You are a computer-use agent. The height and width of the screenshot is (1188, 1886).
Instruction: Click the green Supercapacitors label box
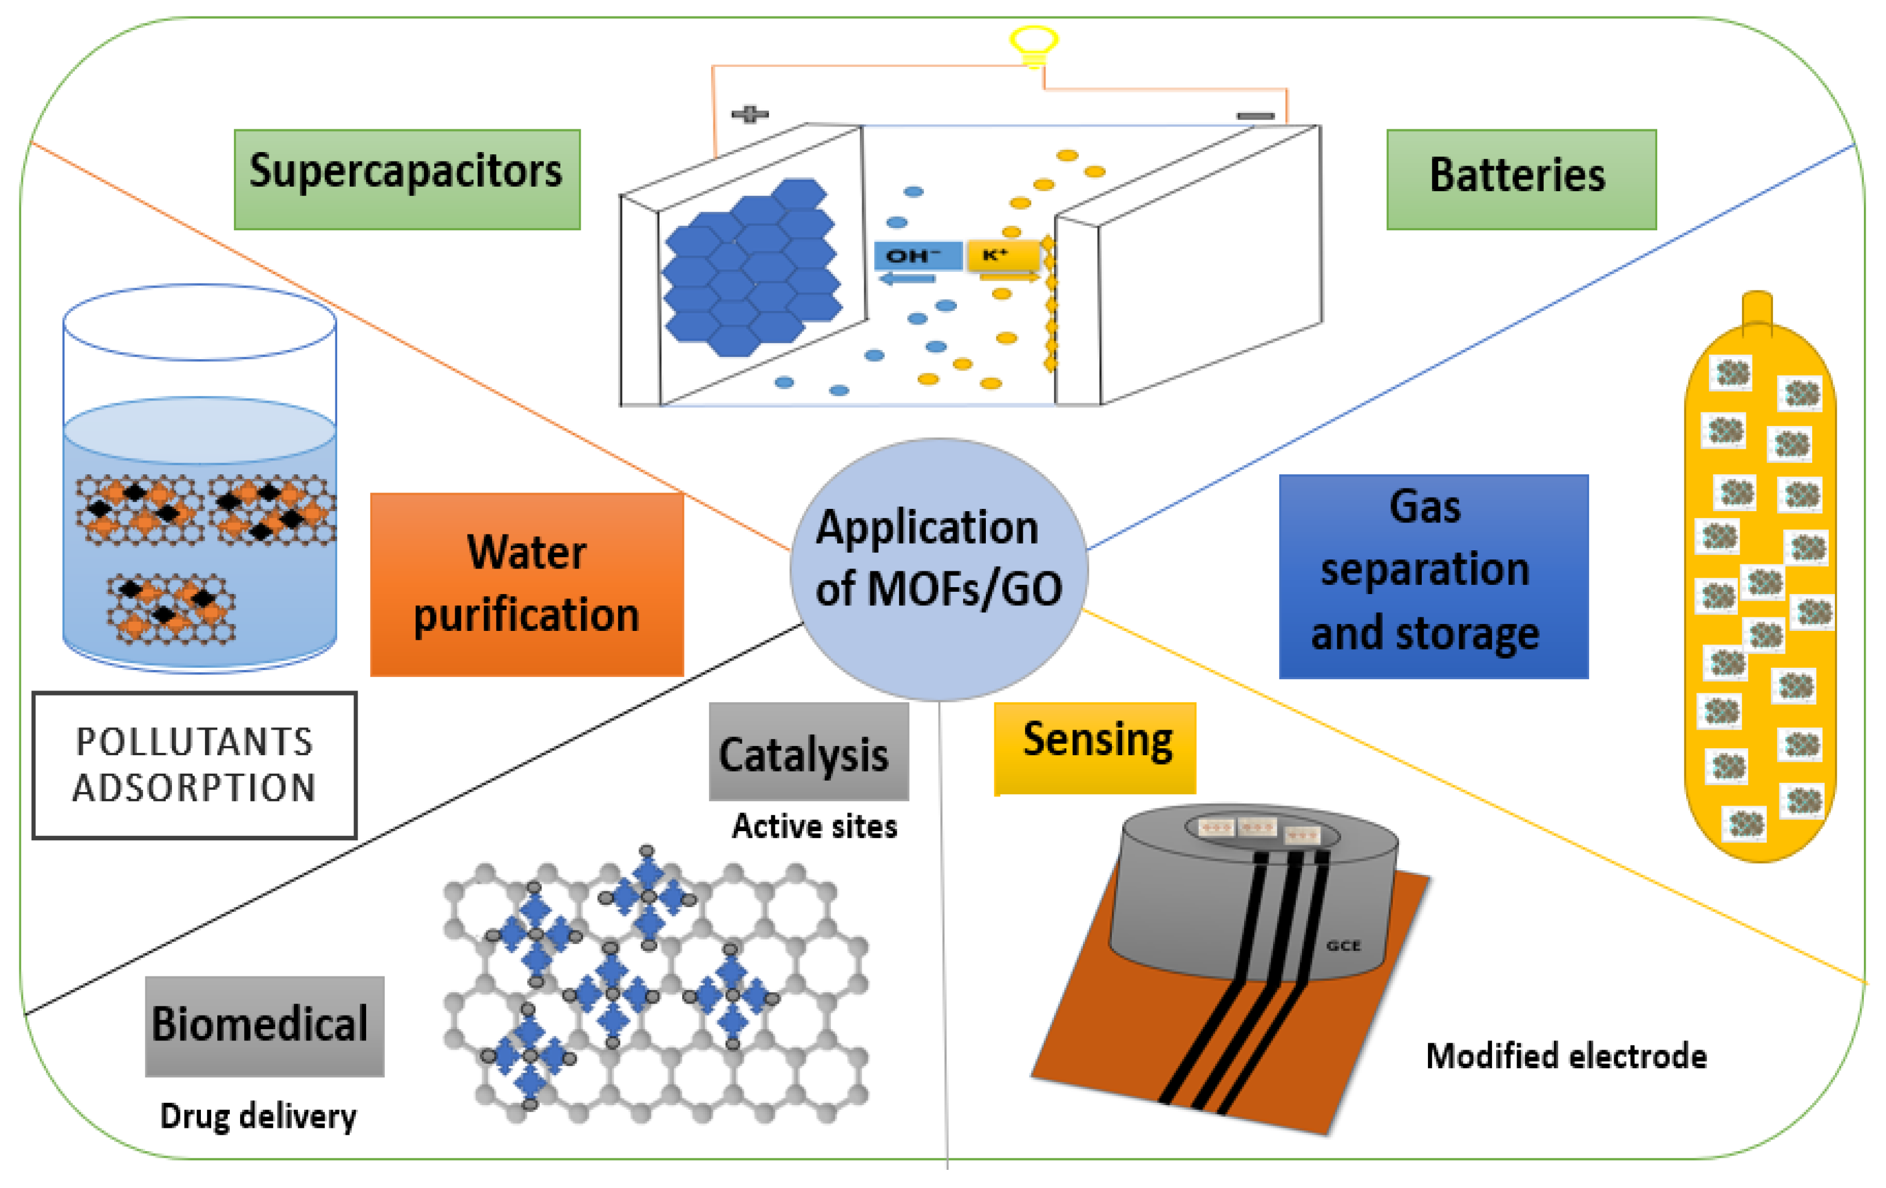tap(406, 179)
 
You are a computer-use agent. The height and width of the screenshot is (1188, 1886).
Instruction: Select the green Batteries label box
tap(1520, 179)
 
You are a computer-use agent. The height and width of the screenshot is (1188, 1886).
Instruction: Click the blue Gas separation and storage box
tap(1433, 576)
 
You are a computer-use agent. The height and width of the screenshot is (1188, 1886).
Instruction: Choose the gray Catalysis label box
tap(808, 751)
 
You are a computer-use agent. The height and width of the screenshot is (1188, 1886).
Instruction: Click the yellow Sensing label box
tap(1094, 748)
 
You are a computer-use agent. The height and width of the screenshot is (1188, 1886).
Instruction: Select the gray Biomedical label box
tap(264, 1025)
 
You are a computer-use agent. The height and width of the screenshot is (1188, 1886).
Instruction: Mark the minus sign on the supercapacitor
tap(1255, 116)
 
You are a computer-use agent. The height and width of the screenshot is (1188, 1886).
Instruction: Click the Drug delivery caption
tap(258, 1116)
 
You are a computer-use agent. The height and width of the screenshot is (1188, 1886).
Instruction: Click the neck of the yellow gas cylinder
tap(1757, 309)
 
